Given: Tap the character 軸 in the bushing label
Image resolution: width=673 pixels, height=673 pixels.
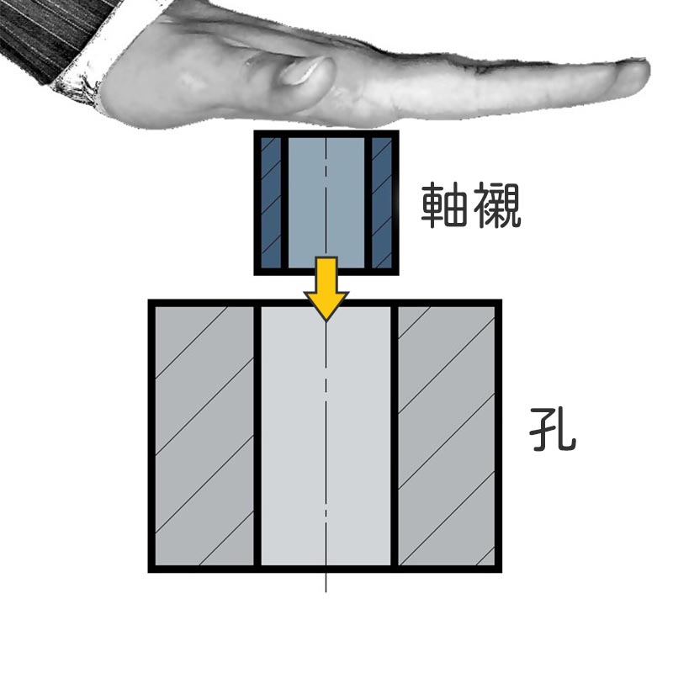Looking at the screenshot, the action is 444,205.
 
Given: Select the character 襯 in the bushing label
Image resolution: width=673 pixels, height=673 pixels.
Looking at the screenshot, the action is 496,205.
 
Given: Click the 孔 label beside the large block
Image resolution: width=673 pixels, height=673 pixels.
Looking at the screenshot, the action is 552,429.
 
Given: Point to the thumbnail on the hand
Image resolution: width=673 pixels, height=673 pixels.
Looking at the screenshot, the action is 300,72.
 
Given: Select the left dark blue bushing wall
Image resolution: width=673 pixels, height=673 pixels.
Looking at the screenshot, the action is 271,202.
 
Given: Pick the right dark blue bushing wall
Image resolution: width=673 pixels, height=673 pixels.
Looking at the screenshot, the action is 382,202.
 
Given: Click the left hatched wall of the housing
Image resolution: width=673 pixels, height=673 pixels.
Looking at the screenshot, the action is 204,436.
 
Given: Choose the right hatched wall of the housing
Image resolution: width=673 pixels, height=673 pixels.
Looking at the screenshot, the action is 447,436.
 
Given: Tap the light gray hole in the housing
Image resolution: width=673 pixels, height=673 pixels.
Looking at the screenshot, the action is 326,436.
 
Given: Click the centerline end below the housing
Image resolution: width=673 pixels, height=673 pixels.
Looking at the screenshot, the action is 326,592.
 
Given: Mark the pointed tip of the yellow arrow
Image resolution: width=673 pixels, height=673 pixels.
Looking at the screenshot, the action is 326,321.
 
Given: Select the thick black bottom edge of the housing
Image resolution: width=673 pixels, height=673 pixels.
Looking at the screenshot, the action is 325,570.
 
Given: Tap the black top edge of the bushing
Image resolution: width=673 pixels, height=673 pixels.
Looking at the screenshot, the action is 326,134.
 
